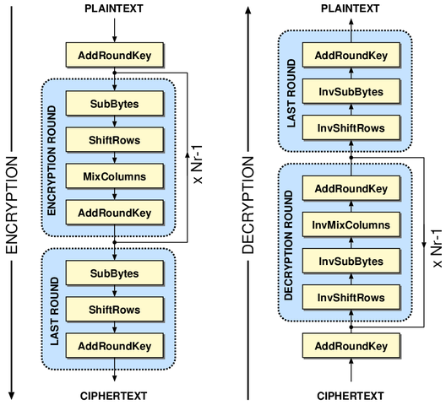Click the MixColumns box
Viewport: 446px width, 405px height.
[114, 176]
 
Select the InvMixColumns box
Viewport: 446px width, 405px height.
[350, 224]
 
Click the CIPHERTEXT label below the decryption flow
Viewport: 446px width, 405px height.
[350, 395]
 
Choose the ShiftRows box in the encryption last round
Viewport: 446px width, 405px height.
[114, 309]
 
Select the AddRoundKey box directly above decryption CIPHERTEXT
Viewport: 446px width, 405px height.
[350, 346]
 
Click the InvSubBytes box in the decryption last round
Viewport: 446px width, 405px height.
[350, 92]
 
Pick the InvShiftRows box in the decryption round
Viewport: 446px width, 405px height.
[350, 297]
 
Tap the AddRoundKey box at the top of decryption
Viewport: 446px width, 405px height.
[350, 56]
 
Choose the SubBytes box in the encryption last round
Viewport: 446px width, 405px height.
[114, 273]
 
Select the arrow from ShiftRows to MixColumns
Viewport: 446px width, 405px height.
[114, 158]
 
